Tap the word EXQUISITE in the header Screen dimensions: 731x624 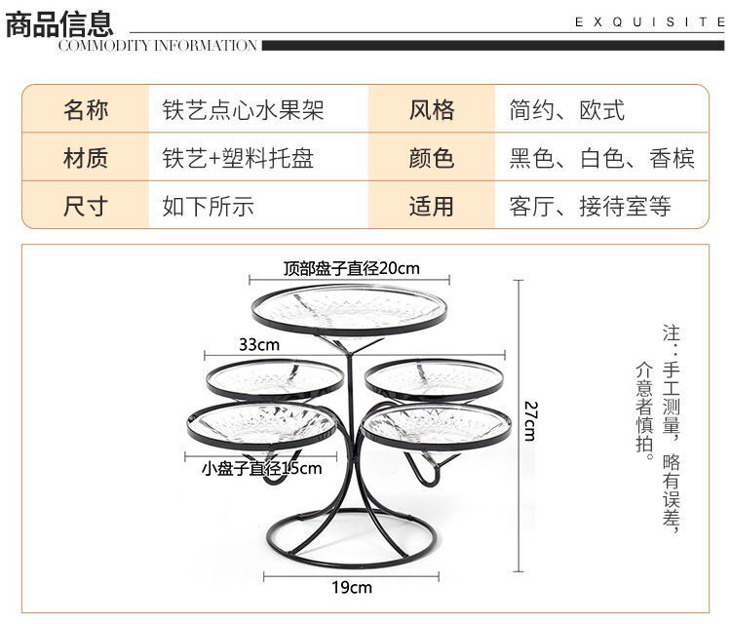click(x=649, y=21)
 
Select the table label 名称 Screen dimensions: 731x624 click(x=86, y=109)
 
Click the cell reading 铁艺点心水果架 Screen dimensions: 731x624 click(x=243, y=109)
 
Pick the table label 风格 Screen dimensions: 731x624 click(x=431, y=109)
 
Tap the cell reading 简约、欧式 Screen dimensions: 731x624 click(x=567, y=109)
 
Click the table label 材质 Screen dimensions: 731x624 click(x=86, y=158)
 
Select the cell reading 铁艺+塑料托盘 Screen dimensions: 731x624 click(x=238, y=158)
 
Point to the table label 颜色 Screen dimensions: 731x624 click(x=431, y=158)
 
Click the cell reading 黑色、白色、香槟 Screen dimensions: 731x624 click(x=602, y=158)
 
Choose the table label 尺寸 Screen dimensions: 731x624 click(x=86, y=206)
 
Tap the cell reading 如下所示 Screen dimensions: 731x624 click(x=208, y=206)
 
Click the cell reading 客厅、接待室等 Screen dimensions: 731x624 click(x=591, y=206)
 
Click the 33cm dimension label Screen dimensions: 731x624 click(x=259, y=344)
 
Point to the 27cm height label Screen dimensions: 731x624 click(x=528, y=420)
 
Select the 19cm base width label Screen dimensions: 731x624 click(x=352, y=587)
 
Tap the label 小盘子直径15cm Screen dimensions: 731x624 click(x=261, y=468)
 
